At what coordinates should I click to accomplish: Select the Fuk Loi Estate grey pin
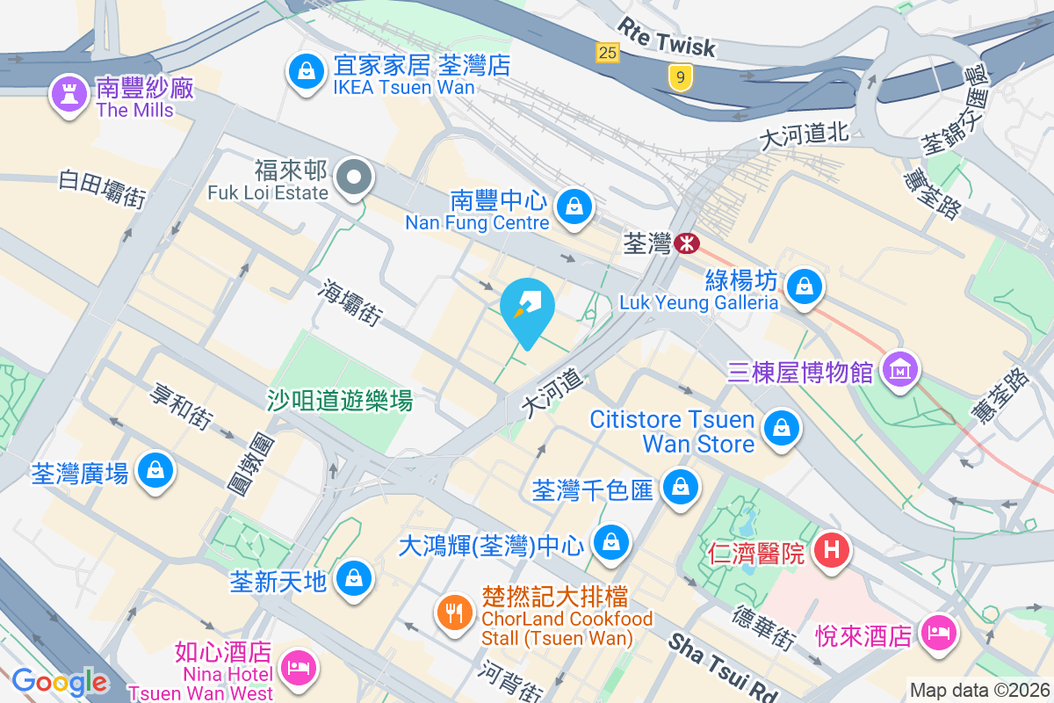pos(354,178)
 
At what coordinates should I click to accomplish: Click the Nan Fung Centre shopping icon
pos(574,207)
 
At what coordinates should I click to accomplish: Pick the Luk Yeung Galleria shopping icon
pos(803,286)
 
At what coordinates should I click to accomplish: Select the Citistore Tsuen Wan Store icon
pos(779,429)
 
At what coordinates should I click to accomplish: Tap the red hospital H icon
pos(832,551)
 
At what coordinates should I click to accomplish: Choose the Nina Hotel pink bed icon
pos(298,667)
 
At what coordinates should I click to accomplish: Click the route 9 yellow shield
pos(678,77)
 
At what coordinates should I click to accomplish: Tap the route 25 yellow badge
pos(607,54)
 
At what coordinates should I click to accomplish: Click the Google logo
pos(60,681)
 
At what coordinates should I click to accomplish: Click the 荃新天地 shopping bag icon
pos(352,578)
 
